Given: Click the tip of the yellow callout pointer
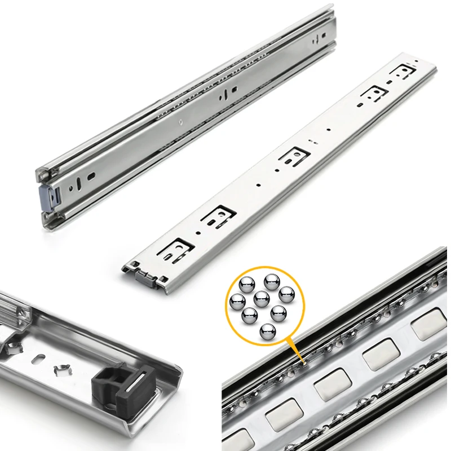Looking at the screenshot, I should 301,361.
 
